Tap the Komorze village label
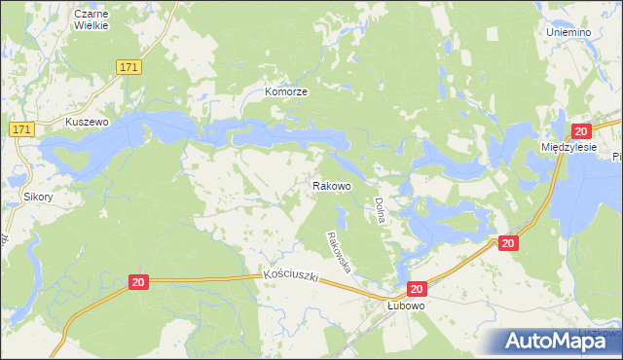pyautogui.click(x=287, y=91)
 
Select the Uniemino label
pyautogui.click(x=568, y=32)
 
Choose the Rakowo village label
pyautogui.click(x=331, y=185)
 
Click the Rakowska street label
pyautogui.click(x=339, y=251)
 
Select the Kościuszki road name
pyautogui.click(x=293, y=277)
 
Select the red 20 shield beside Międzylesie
pyautogui.click(x=581, y=131)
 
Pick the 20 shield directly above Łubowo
pyautogui.click(x=417, y=289)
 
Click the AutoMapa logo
pyautogui.click(x=552, y=341)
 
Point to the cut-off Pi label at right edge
pyautogui.click(x=617, y=157)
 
